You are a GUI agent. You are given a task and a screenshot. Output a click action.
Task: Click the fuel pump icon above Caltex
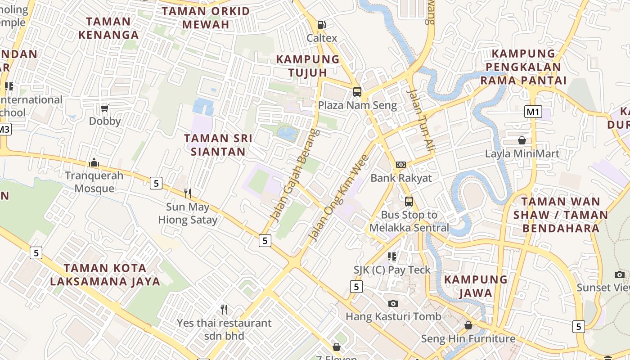[x=321, y=25]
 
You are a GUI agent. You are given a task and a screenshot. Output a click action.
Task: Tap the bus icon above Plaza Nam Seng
[x=357, y=92]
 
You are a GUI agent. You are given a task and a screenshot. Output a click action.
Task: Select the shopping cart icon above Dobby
[x=105, y=108]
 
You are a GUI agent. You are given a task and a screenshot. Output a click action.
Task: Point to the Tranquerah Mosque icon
[x=94, y=162]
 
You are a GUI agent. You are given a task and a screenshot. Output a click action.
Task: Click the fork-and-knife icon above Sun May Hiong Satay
[x=188, y=193]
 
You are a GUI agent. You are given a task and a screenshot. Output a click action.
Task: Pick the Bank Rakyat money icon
[x=400, y=165]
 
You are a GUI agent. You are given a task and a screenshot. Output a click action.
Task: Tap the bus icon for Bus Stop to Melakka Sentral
[x=409, y=202]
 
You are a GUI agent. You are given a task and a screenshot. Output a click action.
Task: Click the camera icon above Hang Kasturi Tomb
[x=393, y=303]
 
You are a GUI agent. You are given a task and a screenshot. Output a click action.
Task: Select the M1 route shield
[x=533, y=112]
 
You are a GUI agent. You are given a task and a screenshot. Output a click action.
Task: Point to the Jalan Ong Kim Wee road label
[x=338, y=197]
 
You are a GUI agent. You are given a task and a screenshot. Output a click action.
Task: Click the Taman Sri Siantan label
[x=218, y=145]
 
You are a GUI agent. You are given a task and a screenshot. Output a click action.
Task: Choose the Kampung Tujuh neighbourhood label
[x=308, y=66]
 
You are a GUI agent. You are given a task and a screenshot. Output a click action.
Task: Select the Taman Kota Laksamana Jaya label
[x=105, y=275]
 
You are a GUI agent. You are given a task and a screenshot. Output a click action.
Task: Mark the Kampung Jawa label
[x=476, y=286]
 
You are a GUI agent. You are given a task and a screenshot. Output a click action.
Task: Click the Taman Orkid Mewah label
[x=206, y=18]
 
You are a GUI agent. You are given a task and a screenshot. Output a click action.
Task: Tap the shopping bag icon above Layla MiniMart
[x=522, y=140]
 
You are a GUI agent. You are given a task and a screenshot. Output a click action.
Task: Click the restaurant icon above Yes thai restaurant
[x=224, y=310]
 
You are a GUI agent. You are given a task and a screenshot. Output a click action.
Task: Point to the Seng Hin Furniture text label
[x=468, y=338]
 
